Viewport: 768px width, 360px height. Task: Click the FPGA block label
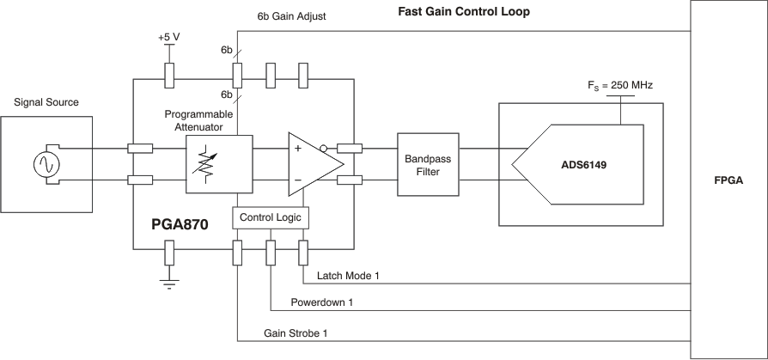click(728, 182)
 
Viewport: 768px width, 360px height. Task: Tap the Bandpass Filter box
click(428, 165)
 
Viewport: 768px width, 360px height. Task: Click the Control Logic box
click(270, 218)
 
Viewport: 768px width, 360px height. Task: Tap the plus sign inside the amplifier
click(298, 149)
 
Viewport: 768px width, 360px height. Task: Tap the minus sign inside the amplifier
click(298, 180)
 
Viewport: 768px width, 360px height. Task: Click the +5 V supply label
click(168, 37)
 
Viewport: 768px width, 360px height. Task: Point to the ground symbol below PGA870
click(169, 284)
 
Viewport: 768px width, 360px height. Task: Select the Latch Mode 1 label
click(348, 275)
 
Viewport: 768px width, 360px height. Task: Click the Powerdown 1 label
click(321, 302)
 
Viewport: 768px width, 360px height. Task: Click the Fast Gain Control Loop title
click(464, 12)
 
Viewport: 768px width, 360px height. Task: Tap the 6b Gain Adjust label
click(290, 16)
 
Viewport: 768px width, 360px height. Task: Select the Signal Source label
click(46, 102)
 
